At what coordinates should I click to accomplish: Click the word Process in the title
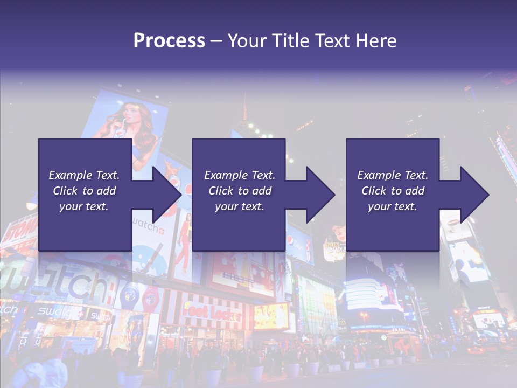pyautogui.click(x=169, y=41)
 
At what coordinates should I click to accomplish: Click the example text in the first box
pyautogui.click(x=84, y=191)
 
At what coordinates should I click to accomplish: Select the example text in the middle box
pyautogui.click(x=239, y=191)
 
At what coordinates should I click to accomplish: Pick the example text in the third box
pyautogui.click(x=392, y=191)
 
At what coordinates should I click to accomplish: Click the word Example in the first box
pyautogui.click(x=71, y=175)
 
